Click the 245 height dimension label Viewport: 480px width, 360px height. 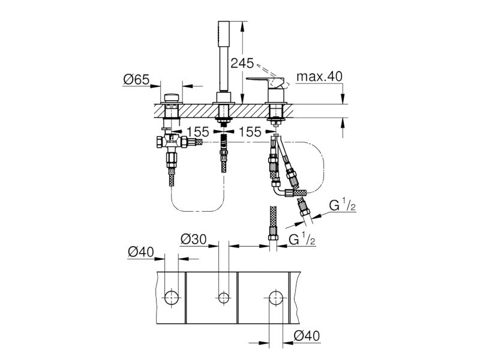[242, 63]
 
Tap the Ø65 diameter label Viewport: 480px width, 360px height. [136, 80]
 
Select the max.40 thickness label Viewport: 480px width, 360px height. [319, 76]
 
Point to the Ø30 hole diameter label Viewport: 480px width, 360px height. [193, 239]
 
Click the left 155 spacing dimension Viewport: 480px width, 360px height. [198, 132]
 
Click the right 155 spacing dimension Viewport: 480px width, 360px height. [250, 132]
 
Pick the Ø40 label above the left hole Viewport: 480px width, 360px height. [141, 252]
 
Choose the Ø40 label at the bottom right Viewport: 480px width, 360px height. [307, 336]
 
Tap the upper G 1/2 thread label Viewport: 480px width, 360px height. [342, 205]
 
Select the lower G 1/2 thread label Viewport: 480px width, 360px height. [302, 239]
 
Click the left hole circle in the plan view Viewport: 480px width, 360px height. [172, 297]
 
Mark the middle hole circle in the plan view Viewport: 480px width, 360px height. [223, 297]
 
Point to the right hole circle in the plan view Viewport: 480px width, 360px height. [276, 297]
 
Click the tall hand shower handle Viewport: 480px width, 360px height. [223, 56]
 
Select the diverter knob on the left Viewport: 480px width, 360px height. [172, 98]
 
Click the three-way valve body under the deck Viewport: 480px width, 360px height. [172, 142]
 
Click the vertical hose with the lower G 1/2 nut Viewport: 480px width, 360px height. [273, 229]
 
